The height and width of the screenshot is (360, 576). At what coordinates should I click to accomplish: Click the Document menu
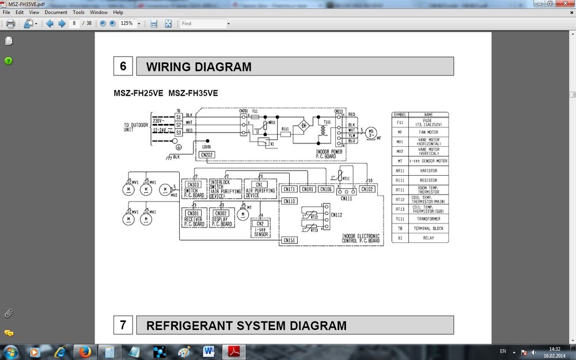coord(56,12)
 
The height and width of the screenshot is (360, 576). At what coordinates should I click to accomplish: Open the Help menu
coord(118,12)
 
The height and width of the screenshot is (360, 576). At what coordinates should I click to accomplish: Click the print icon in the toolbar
coord(10,24)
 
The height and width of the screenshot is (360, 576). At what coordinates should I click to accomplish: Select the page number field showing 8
coord(74,24)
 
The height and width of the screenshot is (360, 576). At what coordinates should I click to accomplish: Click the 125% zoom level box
coord(127,24)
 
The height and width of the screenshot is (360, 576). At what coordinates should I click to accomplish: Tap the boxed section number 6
coord(123,66)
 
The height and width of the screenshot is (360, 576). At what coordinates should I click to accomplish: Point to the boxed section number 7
coord(123,325)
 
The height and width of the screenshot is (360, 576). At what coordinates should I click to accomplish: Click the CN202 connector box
coord(206,155)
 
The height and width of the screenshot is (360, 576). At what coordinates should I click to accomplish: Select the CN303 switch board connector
coord(193,185)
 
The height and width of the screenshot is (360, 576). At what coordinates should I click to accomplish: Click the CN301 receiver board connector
coord(193,212)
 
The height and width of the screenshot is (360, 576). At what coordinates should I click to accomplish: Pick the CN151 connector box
coord(289,240)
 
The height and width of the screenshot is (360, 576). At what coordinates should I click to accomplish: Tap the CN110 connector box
coord(289,201)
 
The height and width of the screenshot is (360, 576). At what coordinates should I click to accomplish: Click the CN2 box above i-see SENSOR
coord(260,223)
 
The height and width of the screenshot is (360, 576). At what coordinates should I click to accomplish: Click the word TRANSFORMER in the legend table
coord(428,219)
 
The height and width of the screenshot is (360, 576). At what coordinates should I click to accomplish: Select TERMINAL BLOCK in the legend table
coord(428,229)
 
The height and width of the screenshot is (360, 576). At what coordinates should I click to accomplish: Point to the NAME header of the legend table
coord(428,115)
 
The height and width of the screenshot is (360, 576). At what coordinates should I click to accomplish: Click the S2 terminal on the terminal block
coord(179,124)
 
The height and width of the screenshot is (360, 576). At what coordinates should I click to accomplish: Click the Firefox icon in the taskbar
coord(85,351)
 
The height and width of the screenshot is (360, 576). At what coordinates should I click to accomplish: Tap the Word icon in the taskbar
coord(209,351)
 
